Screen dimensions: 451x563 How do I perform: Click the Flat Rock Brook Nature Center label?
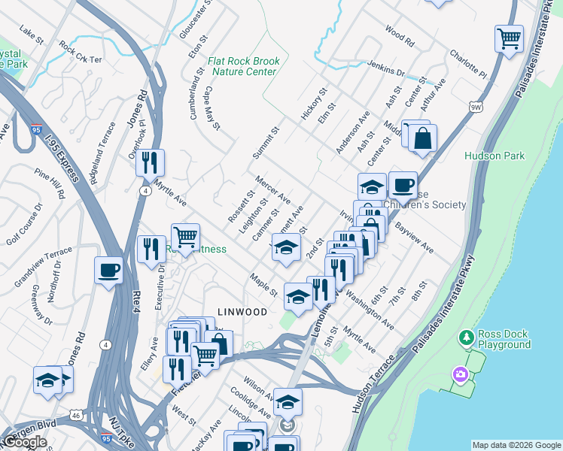244,66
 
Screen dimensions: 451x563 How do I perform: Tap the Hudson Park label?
495,156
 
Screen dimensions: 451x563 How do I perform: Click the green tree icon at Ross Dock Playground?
467,338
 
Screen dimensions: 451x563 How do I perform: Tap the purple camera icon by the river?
458,374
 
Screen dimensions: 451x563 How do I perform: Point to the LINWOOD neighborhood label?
242,311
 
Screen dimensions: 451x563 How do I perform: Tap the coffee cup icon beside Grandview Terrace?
109,269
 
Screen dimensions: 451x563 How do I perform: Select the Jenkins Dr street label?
386,68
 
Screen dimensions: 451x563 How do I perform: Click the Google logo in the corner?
25,443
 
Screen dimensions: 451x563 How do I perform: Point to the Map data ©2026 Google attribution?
516,445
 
